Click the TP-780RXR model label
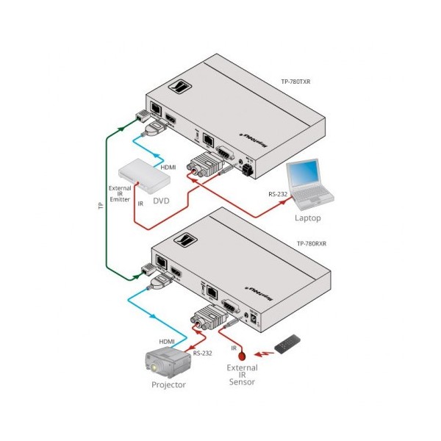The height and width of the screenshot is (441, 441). [310, 243]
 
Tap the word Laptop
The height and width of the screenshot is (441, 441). [307, 218]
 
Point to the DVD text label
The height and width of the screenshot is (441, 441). [162, 198]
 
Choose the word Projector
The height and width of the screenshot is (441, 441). [168, 384]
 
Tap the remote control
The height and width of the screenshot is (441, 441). [287, 343]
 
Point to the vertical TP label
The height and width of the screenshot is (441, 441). [101, 207]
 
